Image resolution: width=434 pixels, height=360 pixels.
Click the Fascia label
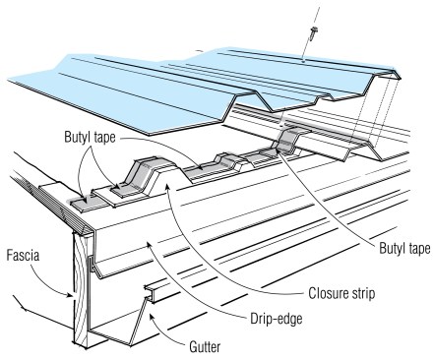[x=23, y=256]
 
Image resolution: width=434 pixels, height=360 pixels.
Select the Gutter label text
[x=205, y=346]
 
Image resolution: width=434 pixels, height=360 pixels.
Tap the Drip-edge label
[x=277, y=318]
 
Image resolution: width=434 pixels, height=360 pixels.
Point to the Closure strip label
[x=341, y=293]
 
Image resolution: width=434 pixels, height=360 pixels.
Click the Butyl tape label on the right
[x=404, y=248]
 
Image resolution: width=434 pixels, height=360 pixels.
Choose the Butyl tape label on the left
[x=90, y=137]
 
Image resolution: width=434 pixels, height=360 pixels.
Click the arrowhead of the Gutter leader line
[x=152, y=316]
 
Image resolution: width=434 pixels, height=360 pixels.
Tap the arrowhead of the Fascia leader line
[x=70, y=295]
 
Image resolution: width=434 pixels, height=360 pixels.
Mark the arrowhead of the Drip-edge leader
[x=149, y=244]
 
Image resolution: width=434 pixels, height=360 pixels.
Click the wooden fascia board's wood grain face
[x=81, y=288]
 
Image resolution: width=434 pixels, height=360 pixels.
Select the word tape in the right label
[x=417, y=249]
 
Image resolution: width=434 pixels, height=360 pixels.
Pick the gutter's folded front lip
[x=155, y=291]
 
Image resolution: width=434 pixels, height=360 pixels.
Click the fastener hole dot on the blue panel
[x=303, y=61]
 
